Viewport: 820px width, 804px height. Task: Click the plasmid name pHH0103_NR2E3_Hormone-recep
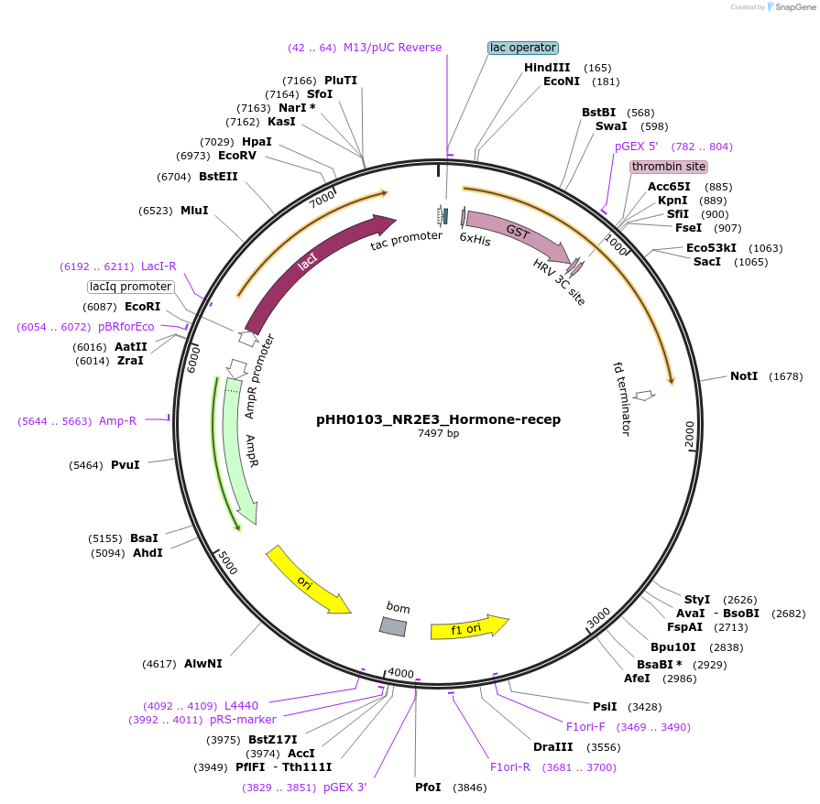click(x=438, y=419)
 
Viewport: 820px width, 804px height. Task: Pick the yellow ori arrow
click(x=307, y=581)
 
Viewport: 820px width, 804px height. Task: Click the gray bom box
click(x=393, y=625)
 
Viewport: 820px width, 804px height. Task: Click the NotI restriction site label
click(x=744, y=376)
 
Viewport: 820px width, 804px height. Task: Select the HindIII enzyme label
click(x=547, y=68)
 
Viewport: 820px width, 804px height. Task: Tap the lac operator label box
click(x=522, y=48)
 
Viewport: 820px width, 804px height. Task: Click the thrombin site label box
click(x=669, y=167)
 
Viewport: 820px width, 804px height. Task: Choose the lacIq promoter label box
click(x=130, y=287)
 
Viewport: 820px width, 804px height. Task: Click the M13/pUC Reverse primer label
click(x=392, y=48)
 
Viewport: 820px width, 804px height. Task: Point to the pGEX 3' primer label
click(x=344, y=787)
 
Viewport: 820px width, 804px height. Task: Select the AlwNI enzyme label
click(x=202, y=663)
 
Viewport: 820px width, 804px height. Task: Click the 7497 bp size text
click(x=438, y=433)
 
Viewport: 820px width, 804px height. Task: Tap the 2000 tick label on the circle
click(x=690, y=434)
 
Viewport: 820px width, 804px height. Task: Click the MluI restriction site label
click(x=194, y=211)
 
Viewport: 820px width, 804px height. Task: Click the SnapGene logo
click(x=791, y=6)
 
